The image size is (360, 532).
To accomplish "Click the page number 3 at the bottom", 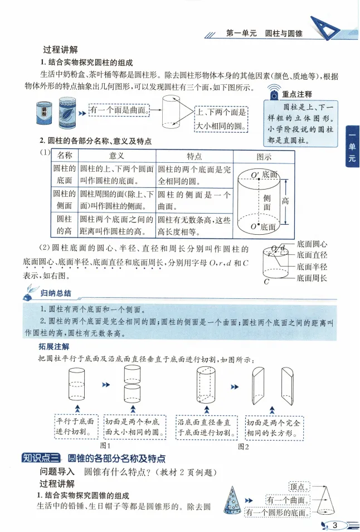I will point(335,525).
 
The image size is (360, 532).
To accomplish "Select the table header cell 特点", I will point(194,156).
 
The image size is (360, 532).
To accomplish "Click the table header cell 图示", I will point(264,156).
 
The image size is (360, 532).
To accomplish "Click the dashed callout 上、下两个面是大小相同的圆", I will point(220,119).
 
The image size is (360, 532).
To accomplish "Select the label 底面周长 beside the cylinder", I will point(312,277).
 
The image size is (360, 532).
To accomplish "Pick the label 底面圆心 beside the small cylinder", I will point(312,244).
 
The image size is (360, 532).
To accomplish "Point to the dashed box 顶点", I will point(300,487).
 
